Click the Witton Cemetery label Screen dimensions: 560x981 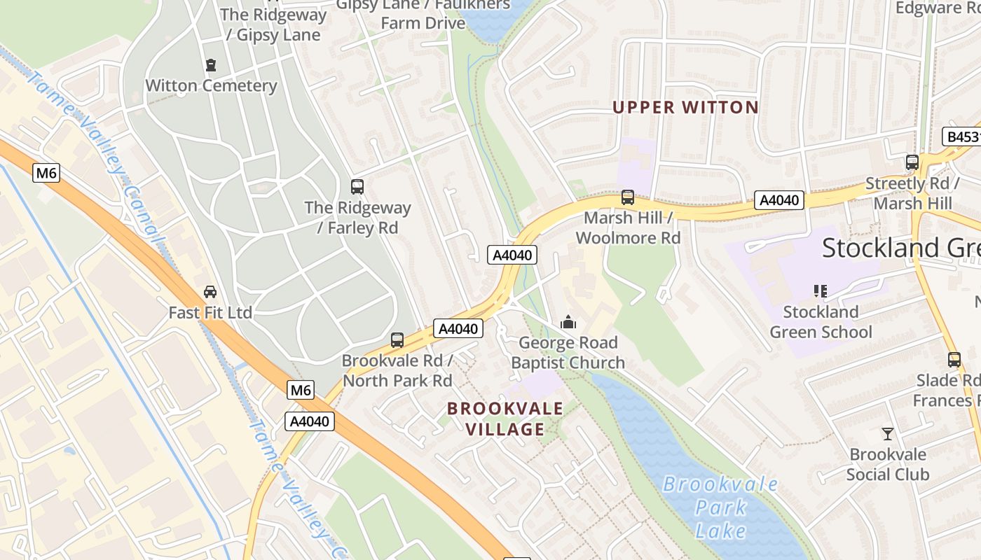click(211, 85)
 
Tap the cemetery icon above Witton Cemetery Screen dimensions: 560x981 click(211, 65)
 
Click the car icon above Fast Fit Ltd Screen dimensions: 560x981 click(210, 291)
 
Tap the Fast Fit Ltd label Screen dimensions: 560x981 click(210, 312)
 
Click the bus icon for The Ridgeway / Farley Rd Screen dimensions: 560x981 click(357, 187)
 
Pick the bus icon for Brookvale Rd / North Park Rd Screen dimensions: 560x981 click(397, 340)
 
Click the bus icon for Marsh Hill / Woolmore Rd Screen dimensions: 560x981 click(628, 197)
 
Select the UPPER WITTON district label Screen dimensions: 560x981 click(685, 107)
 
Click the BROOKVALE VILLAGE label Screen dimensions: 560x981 click(505, 419)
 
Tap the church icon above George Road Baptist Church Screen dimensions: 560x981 click(568, 322)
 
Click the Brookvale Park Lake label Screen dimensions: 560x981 click(720, 507)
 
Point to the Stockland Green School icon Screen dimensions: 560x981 click(821, 290)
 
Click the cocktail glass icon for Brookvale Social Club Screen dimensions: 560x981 click(888, 433)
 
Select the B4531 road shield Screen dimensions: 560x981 click(961, 136)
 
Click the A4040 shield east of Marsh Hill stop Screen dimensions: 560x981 click(778, 200)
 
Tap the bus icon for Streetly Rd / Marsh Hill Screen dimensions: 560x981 click(912, 162)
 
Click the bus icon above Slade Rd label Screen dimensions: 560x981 click(954, 360)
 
